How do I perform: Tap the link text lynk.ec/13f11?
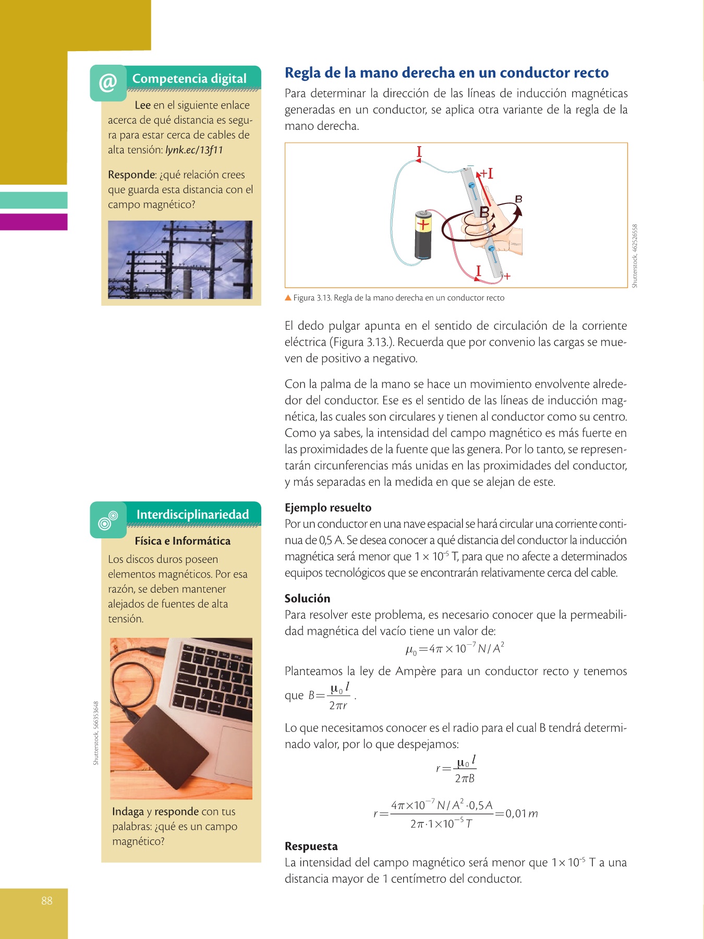[x=194, y=150]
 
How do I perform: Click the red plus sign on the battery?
[x=423, y=225]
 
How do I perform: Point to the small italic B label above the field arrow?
[x=518, y=199]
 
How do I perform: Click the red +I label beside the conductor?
[x=487, y=174]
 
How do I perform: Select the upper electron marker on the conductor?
[x=471, y=187]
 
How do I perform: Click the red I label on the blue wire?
[x=419, y=152]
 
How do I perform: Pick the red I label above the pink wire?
[x=478, y=271]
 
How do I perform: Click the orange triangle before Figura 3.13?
[x=288, y=298]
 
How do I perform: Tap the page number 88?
[x=47, y=900]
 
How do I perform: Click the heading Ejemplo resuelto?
[x=328, y=508]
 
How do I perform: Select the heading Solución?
[x=307, y=598]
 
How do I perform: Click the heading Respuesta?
[x=311, y=846]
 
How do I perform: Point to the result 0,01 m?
[x=521, y=813]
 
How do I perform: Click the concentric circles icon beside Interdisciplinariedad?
[x=108, y=520]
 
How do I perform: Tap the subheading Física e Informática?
[x=183, y=541]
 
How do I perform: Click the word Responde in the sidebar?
[x=132, y=175]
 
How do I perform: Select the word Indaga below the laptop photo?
[x=128, y=812]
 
